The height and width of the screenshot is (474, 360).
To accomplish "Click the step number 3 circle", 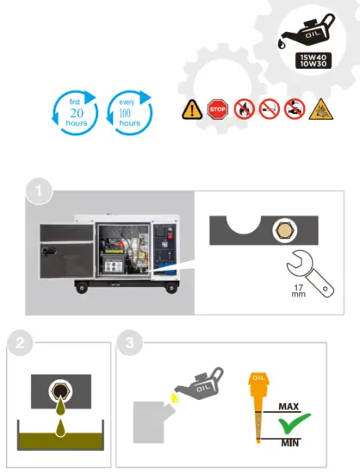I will click(128, 343).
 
